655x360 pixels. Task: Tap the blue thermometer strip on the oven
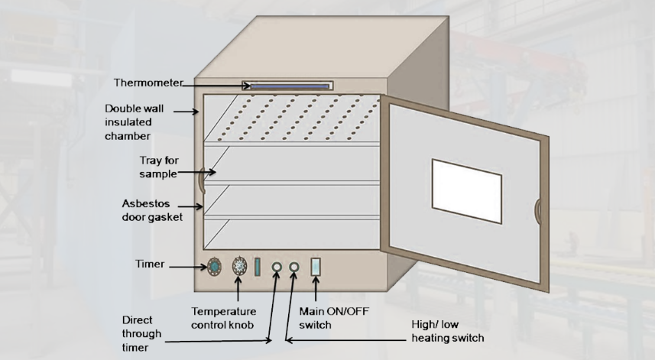point(287,86)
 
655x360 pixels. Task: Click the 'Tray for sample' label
point(157,167)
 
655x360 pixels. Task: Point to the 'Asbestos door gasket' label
point(151,211)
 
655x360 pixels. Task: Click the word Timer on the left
point(151,265)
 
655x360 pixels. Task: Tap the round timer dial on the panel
point(216,267)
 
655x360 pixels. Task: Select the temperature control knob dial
point(239,266)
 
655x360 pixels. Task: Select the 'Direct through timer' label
point(141,332)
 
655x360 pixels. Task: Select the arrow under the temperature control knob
point(239,291)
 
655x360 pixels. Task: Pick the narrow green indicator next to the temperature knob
point(258,267)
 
